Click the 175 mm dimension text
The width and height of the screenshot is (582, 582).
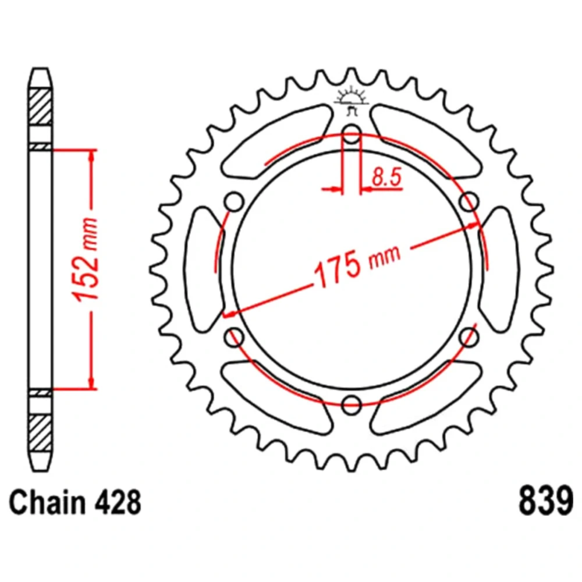tap(357, 265)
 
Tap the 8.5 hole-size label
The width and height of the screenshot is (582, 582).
tap(387, 178)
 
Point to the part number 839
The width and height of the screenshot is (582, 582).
tap(546, 502)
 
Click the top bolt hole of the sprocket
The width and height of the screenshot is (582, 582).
tap(351, 134)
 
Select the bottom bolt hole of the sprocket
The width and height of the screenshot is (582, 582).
tap(351, 404)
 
